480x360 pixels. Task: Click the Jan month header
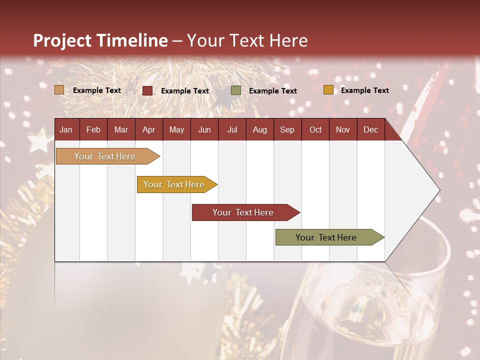tap(66, 129)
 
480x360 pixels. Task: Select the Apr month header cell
tap(149, 129)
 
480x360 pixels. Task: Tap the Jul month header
tap(232, 129)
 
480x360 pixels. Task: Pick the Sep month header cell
tap(287, 129)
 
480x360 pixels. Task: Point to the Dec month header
tap(370, 129)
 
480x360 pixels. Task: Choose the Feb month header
tap(93, 129)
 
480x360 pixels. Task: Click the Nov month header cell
tap(342, 129)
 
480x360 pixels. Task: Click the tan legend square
tap(59, 90)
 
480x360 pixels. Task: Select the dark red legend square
tap(147, 90)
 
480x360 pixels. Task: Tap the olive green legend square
tap(236, 90)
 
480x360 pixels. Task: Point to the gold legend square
tap(328, 90)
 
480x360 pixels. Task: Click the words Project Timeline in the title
tap(100, 40)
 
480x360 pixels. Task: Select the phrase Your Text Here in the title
tap(247, 40)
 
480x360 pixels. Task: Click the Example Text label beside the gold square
tap(364, 90)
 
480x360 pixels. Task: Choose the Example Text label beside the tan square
tap(97, 90)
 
